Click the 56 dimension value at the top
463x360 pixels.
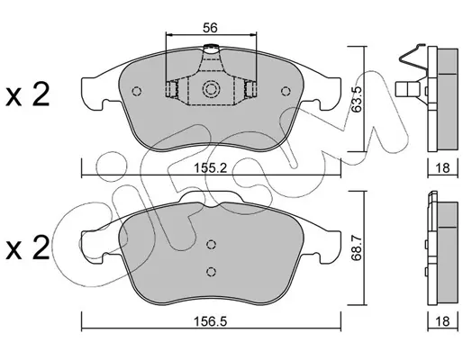click(210, 28)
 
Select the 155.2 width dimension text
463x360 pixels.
click(210, 168)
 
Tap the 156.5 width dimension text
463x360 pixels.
click(211, 322)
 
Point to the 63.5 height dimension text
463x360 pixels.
click(357, 99)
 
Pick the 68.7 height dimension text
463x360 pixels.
click(357, 247)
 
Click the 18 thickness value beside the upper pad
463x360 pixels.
click(442, 168)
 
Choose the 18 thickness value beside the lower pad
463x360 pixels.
click(442, 322)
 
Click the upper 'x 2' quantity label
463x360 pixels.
click(28, 95)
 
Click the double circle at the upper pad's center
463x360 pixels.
click(211, 89)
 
